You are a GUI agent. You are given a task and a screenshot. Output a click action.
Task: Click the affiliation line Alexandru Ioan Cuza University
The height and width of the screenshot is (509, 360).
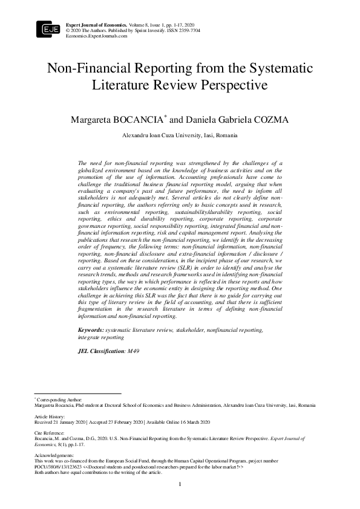pos(180,135)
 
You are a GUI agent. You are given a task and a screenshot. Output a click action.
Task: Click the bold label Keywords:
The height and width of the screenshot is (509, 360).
pos(91,330)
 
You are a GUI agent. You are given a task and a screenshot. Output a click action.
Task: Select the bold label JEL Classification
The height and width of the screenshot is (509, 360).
pos(99,351)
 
